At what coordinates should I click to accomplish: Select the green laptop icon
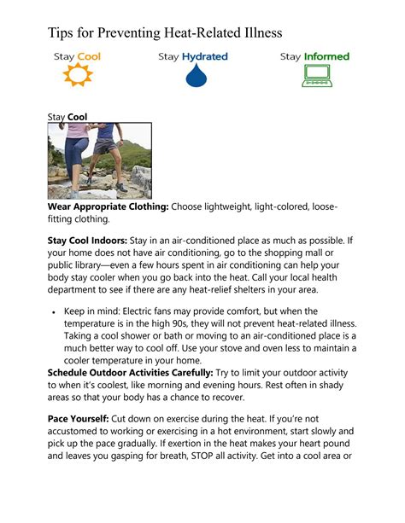pos(315,77)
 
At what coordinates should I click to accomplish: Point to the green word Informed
pos(327,56)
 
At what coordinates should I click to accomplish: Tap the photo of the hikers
pos(99,160)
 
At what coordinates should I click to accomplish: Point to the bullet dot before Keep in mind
pos(54,313)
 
